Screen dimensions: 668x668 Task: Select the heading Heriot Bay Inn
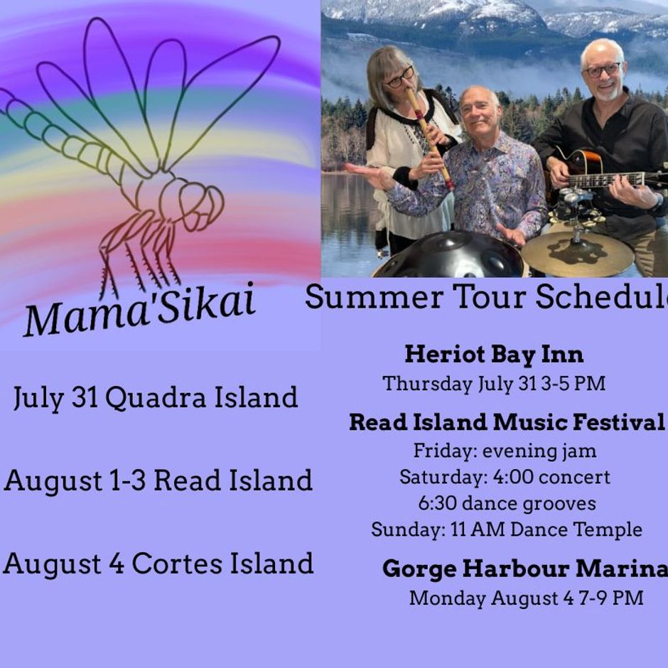[x=494, y=355]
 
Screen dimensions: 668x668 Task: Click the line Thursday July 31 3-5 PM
[x=494, y=384]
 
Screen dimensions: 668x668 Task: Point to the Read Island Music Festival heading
[x=507, y=422]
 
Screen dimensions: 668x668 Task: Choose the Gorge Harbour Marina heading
[x=525, y=569]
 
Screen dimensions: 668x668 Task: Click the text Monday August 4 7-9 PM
[x=526, y=598]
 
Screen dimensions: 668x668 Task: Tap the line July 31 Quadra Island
[x=156, y=398]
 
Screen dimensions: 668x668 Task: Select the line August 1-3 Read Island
[x=158, y=480]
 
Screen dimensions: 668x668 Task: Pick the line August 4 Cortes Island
[x=158, y=564]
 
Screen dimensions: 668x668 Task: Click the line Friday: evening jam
[x=505, y=451]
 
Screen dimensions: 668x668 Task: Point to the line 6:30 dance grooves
[x=507, y=504]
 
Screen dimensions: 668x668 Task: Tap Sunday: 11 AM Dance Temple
[x=507, y=529]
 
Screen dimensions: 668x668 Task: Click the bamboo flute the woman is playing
[x=429, y=138]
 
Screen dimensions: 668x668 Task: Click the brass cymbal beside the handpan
[x=577, y=254]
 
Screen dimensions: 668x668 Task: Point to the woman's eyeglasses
[x=400, y=78]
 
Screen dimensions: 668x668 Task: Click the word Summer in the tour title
[x=374, y=297]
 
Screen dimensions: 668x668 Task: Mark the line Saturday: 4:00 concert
[x=505, y=477]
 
